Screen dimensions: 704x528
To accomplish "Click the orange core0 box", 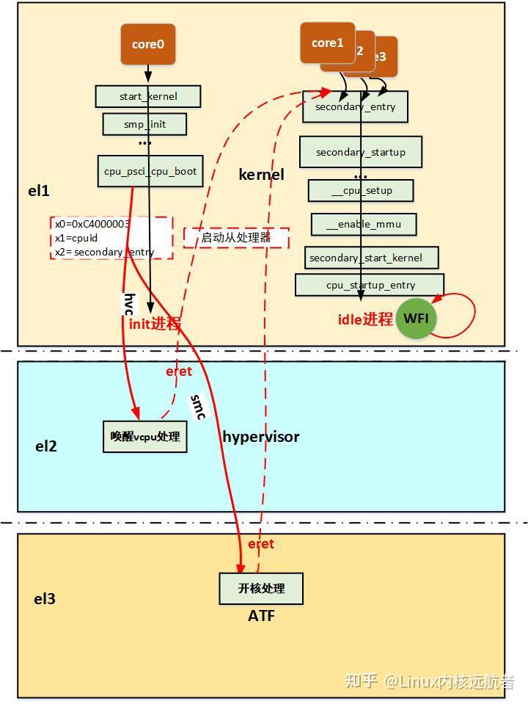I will tap(147, 44).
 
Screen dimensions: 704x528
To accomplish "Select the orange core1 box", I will tap(327, 43).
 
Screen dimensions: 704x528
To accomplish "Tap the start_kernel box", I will tap(148, 96).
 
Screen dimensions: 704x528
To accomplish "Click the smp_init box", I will tap(144, 124).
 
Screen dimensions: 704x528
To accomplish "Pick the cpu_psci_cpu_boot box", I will tap(150, 171).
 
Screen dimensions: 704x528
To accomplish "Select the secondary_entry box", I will tap(355, 107).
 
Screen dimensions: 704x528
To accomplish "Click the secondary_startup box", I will tap(360, 153).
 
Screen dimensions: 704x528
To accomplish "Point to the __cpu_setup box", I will tap(361, 191).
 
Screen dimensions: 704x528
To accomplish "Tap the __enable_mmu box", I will tap(364, 225).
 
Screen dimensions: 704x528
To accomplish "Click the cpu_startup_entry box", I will tap(370, 285).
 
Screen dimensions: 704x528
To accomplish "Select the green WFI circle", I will tap(416, 319).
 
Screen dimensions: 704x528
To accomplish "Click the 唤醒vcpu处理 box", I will tap(144, 436).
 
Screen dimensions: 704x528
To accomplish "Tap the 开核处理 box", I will tap(260, 589).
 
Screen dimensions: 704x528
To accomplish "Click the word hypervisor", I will tap(260, 437).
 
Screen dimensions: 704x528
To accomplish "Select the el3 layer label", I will tap(45, 599).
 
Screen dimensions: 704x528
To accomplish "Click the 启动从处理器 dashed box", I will tap(236, 238).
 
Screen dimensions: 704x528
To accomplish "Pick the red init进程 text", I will tap(155, 324).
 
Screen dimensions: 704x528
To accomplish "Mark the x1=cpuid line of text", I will tap(76, 238).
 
